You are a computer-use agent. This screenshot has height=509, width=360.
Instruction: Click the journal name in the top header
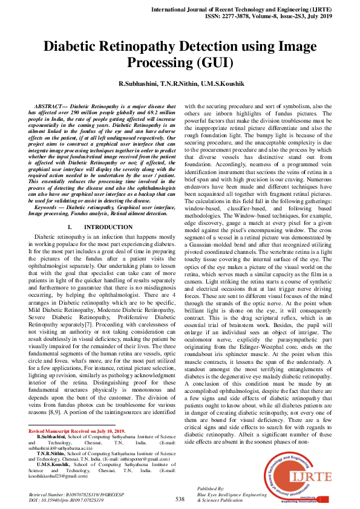click(x=257, y=11)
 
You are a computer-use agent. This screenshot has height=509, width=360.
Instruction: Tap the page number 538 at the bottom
click(x=180, y=499)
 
